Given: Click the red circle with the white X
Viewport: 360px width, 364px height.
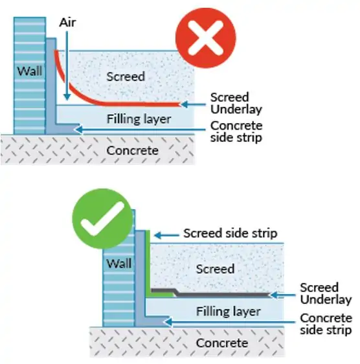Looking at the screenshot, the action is (x=206, y=38).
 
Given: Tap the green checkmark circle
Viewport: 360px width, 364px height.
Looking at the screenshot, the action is (x=102, y=218).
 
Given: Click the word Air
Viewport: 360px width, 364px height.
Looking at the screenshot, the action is (x=67, y=23).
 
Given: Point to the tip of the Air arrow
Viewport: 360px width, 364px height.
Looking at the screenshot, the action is (x=67, y=100).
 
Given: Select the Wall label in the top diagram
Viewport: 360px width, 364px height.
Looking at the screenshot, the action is (x=30, y=71).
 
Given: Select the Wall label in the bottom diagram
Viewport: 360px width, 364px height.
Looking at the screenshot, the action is (x=119, y=264).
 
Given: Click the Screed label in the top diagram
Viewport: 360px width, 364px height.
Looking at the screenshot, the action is (x=126, y=76).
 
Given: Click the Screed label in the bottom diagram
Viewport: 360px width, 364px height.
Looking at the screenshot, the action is (x=215, y=269).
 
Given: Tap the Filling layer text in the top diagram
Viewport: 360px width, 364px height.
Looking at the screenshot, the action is (x=139, y=119).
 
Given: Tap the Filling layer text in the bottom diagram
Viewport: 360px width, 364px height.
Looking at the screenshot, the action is (x=229, y=311).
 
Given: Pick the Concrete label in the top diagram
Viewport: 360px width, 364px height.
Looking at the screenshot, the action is (x=132, y=150).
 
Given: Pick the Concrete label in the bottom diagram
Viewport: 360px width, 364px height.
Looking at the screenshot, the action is (x=222, y=343).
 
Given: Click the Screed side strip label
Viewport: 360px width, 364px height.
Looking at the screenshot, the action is (x=231, y=233).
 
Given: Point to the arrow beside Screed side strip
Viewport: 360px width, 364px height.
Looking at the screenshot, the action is (x=166, y=235).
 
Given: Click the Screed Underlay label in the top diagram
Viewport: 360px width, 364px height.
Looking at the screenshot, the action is (x=236, y=103).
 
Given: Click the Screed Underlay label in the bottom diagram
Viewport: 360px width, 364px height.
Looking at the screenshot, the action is (x=326, y=293).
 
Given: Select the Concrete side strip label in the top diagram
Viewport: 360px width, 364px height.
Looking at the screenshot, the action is (x=236, y=131).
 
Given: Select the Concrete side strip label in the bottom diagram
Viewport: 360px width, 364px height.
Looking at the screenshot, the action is (x=326, y=324).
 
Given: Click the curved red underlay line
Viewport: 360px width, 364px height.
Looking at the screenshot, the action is (x=76, y=93).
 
